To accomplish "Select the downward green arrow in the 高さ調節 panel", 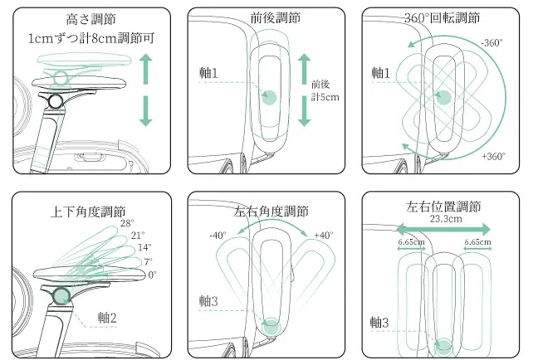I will tap(146, 110).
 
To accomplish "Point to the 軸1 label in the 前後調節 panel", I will tap(208, 73).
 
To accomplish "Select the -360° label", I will tap(492, 42).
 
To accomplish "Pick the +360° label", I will tap(493, 156).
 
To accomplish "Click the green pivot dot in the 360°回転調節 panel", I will tap(443, 97).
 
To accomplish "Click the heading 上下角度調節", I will tap(89, 212).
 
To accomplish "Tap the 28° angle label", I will tap(126, 223).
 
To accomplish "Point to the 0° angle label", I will tap(152, 275).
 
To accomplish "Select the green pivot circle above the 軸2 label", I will tap(61, 296).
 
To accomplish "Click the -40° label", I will tap(218, 236).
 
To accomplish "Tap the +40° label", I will tap(323, 236).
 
